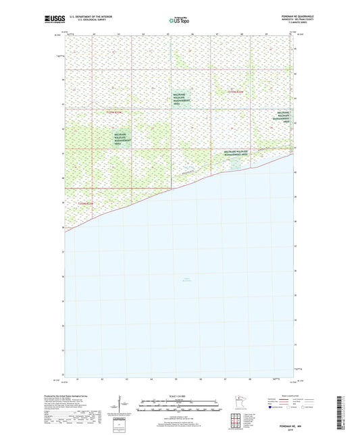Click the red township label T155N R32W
238,90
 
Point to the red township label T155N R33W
115,111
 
